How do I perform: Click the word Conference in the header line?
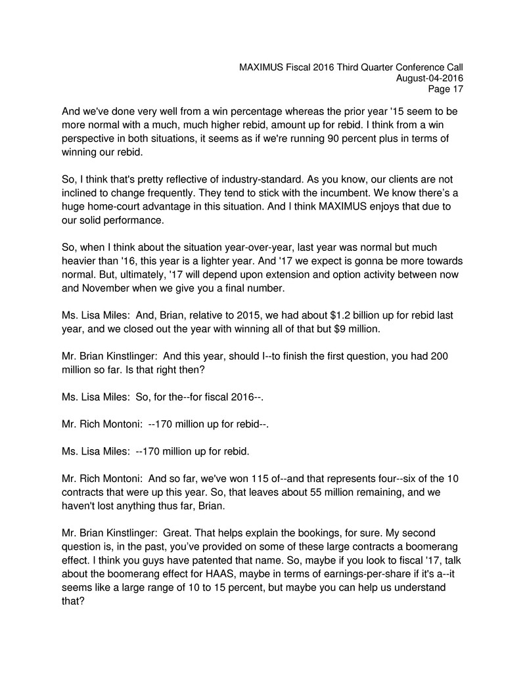point(417,66)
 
